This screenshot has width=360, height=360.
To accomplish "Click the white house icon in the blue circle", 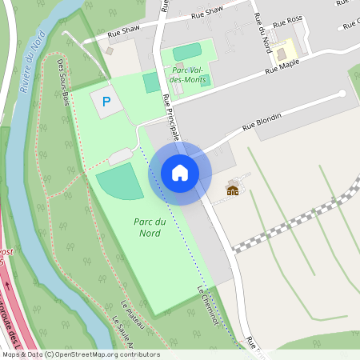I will click(180, 173).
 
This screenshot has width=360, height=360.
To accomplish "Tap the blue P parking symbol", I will click(106, 102).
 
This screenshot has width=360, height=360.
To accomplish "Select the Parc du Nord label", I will click(146, 227).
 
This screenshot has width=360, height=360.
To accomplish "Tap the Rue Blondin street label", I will click(262, 120).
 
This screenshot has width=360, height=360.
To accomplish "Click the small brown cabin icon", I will click(233, 190).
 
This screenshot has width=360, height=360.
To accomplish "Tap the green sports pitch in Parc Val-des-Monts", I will click(187, 53).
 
